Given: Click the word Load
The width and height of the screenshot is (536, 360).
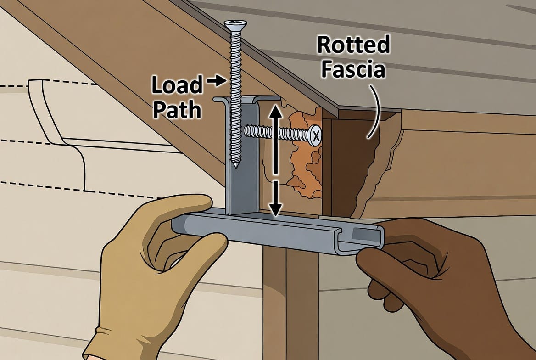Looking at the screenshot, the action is click(177, 85).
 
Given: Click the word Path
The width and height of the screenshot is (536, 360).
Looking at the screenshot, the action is click(177, 110).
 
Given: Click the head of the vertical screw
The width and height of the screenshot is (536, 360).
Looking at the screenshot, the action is click(235, 23).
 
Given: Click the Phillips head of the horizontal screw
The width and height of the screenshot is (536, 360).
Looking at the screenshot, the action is click(315, 135).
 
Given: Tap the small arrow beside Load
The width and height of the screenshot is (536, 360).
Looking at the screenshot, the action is click(217, 81).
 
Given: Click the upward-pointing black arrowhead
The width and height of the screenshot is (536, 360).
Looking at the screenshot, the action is click(275, 111).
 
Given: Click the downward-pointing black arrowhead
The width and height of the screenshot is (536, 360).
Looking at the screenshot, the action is click(275, 209).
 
